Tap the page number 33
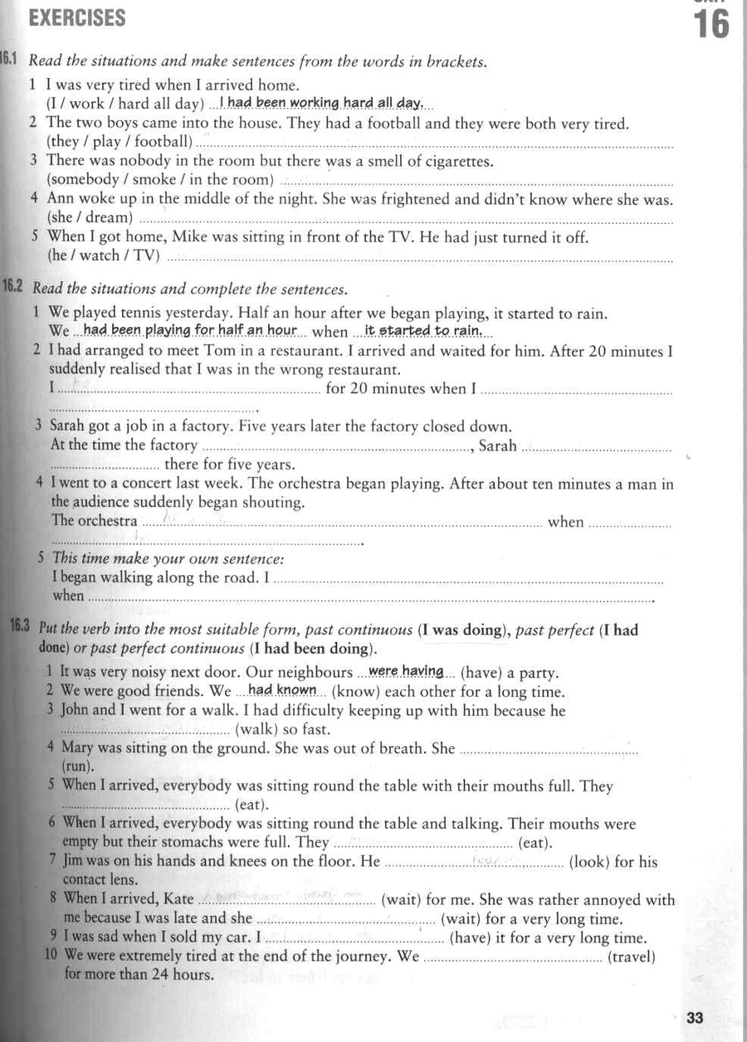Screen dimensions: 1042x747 (696, 1018)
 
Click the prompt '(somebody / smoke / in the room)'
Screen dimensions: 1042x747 (160, 179)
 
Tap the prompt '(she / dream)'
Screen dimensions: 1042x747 (90, 217)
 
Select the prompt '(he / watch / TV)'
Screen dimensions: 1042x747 (104, 256)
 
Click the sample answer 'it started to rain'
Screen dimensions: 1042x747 (423, 331)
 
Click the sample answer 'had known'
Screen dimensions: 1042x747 (282, 691)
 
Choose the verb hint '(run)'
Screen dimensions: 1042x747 (78, 767)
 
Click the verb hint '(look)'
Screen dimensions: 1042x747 (590, 862)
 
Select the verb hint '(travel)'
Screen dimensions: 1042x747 (632, 957)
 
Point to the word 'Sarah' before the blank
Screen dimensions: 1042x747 (498, 446)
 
